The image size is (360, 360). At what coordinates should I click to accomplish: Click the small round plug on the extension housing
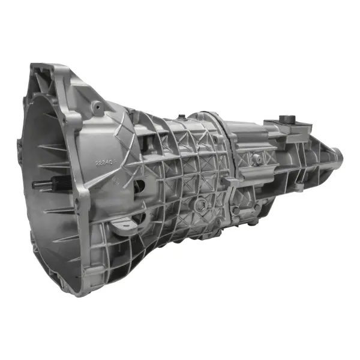(257, 158)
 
